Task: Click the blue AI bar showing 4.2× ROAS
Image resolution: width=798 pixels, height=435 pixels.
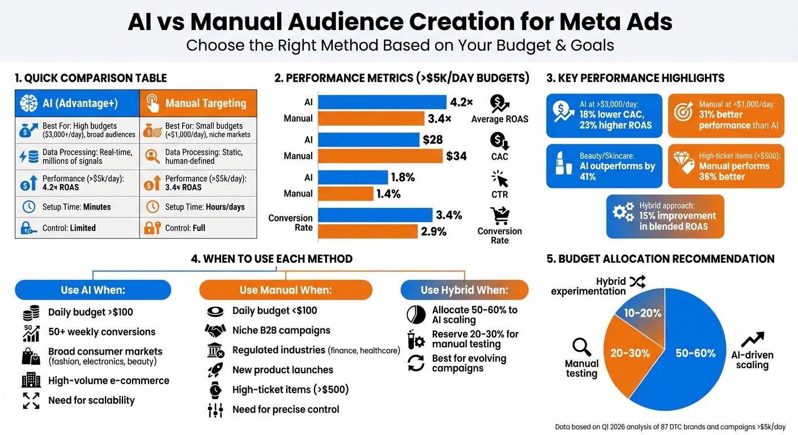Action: pyautogui.click(x=382, y=102)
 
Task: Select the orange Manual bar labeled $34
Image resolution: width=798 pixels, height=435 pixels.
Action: pyautogui.click(x=380, y=156)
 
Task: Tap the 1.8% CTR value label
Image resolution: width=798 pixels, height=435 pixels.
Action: pyautogui.click(x=402, y=177)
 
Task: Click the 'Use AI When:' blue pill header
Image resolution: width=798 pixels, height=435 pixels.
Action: pyautogui.click(x=93, y=290)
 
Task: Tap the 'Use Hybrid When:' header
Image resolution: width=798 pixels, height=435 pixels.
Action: pyautogui.click(x=464, y=290)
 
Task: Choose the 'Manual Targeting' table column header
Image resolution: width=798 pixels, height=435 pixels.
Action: pyautogui.click(x=198, y=103)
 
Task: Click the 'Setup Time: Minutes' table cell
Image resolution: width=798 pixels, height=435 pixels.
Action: pyautogui.click(x=77, y=207)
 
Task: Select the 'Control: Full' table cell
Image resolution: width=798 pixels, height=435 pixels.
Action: pyautogui.click(x=198, y=228)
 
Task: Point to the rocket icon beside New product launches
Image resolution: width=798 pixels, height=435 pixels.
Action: pyautogui.click(x=215, y=370)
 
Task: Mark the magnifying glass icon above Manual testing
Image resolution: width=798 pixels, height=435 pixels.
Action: pyautogui.click(x=582, y=346)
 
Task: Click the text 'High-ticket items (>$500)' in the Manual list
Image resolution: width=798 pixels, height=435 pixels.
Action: pyautogui.click(x=290, y=389)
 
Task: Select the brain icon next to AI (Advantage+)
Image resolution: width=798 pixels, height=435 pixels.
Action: pyautogui.click(x=28, y=103)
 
